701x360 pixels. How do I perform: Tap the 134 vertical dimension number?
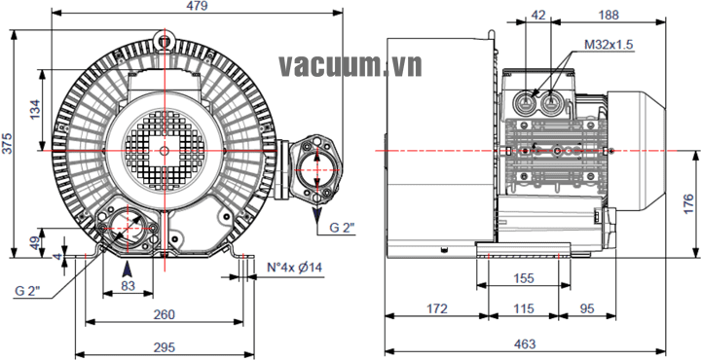coord(35,109)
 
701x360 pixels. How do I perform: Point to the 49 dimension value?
coord(35,243)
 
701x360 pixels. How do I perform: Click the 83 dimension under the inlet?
coord(128,286)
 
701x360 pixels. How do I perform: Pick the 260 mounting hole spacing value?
coord(165,314)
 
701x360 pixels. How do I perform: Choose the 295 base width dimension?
coord(165,347)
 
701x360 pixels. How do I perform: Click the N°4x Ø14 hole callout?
coord(294,268)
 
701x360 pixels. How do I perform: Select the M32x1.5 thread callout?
coord(609,44)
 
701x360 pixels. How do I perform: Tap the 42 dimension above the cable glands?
coord(538,15)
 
